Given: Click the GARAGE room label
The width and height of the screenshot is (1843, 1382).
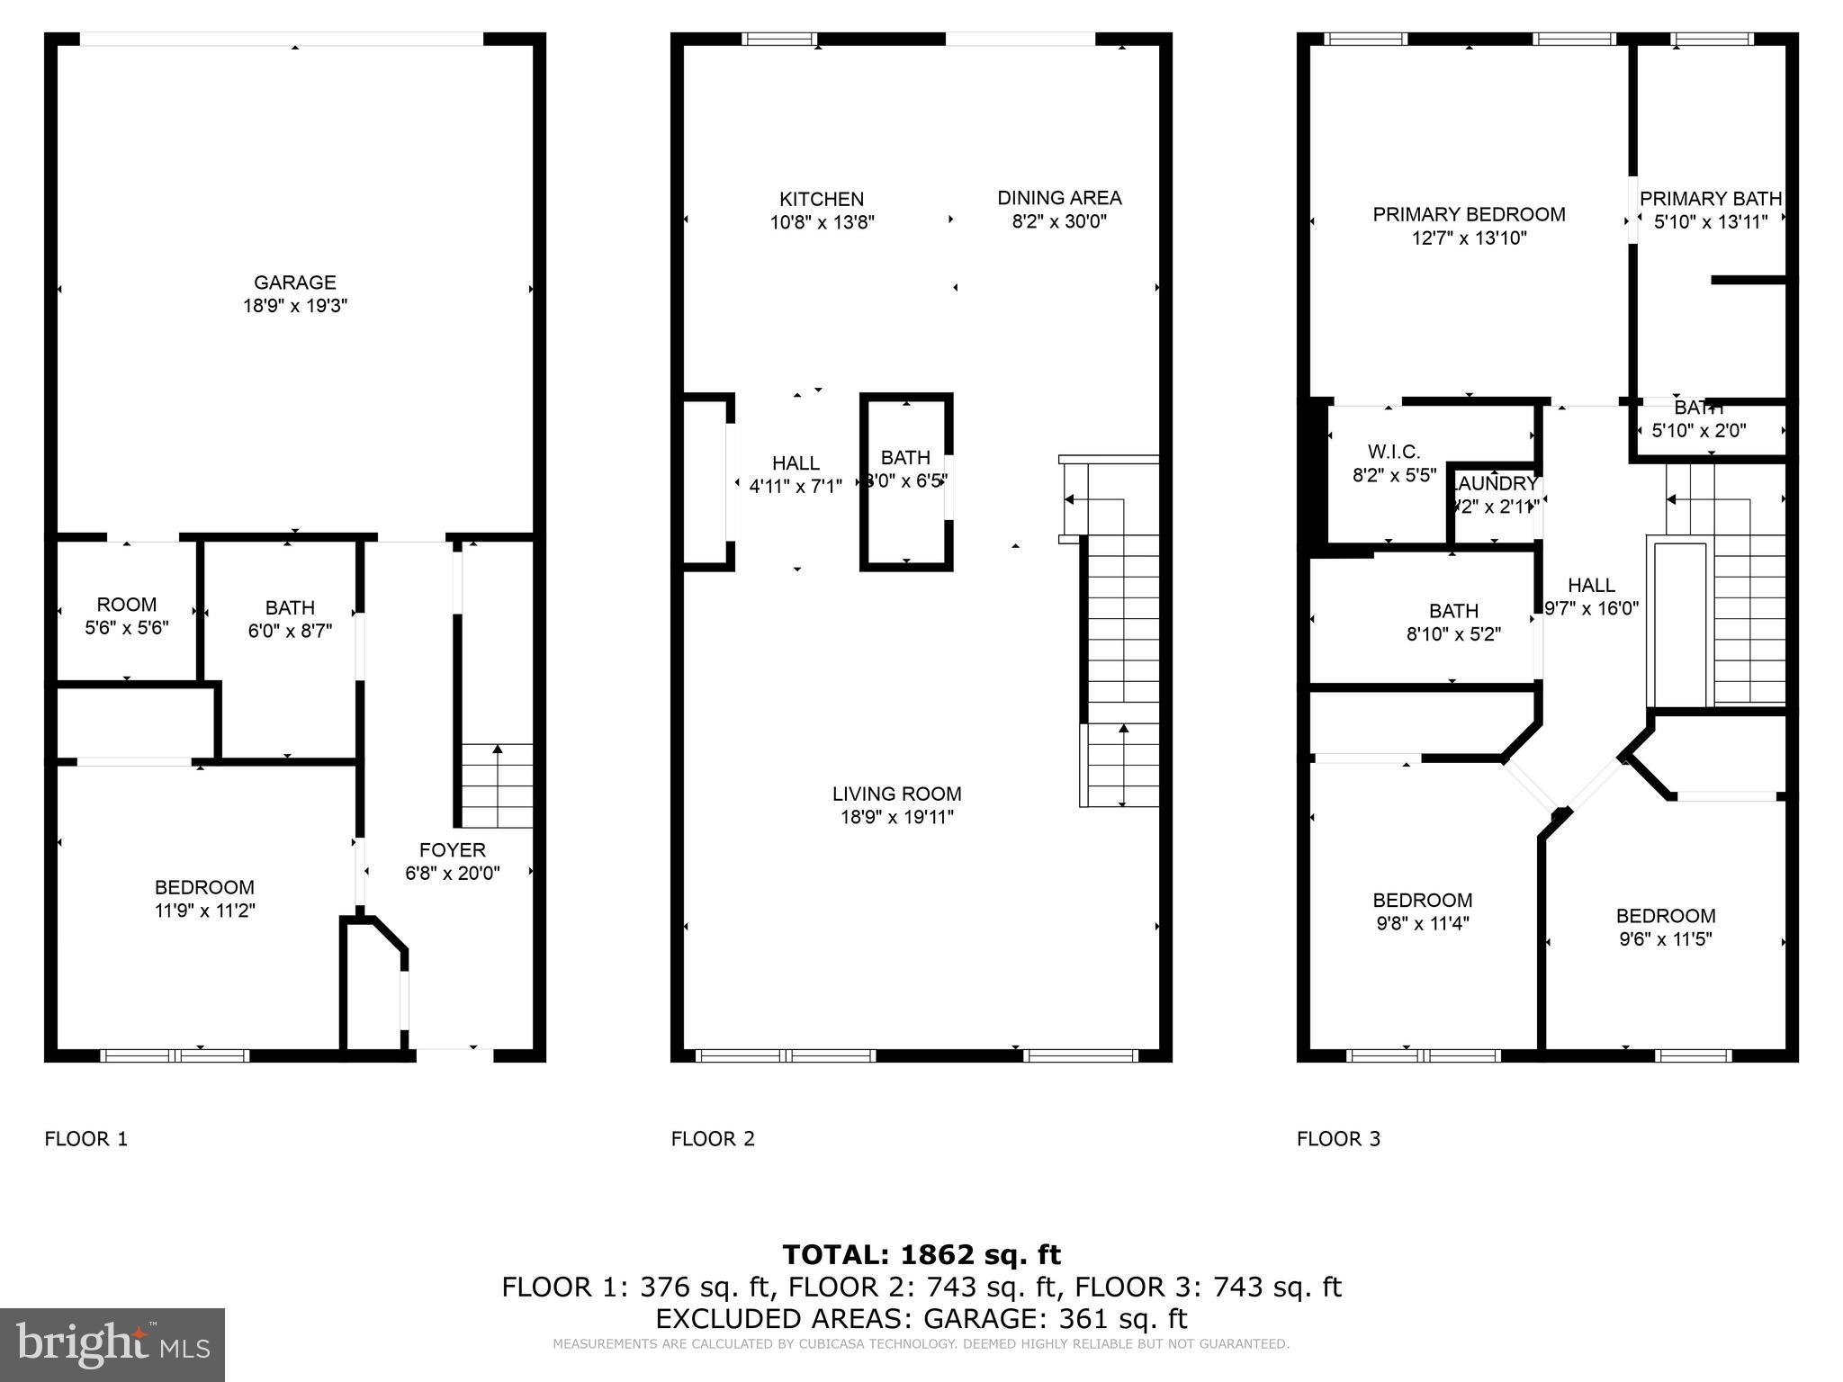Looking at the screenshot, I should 294,283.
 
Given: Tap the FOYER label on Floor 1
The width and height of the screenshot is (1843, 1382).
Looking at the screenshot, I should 452,850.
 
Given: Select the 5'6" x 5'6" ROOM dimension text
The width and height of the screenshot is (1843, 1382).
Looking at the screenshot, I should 127,628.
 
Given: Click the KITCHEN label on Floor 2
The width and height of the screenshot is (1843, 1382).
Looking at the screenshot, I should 821,199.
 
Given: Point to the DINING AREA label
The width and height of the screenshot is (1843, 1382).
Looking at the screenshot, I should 1059,198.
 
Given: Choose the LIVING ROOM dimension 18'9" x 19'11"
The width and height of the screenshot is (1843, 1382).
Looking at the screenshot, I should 896,817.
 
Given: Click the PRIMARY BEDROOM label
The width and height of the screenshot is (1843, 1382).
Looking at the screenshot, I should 1469,214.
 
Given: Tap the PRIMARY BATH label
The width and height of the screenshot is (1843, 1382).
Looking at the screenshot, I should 1710,199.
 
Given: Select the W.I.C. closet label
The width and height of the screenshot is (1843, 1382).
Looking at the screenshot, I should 1393,452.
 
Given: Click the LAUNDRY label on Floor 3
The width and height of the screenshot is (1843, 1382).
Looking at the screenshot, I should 1496,484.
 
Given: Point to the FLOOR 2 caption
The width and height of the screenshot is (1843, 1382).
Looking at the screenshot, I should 713,1139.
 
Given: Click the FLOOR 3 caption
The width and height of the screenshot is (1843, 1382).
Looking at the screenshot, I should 1338,1139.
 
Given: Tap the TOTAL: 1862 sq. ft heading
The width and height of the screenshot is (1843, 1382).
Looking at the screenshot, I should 921,1254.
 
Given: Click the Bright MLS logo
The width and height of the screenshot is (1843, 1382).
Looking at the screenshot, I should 112,1344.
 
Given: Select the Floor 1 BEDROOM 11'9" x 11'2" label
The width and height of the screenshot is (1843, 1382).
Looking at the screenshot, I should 204,887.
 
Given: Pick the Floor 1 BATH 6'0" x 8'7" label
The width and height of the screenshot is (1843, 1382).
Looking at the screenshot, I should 290,608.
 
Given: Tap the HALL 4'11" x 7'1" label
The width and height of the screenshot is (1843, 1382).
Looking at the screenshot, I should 796,463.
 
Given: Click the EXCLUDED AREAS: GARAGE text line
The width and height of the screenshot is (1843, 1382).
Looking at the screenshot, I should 921,1318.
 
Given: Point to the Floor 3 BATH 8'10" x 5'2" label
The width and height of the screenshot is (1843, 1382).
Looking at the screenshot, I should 1453,611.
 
